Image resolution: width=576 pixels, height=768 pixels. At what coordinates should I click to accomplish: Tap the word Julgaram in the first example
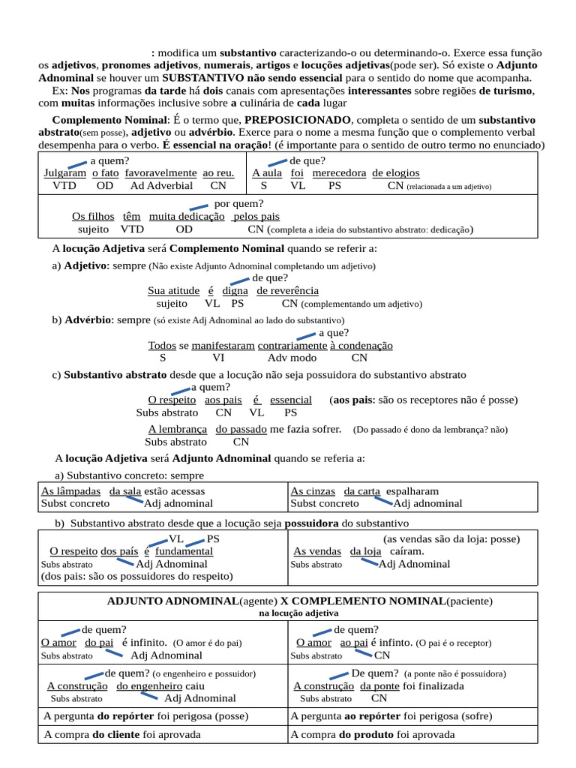(x=65, y=173)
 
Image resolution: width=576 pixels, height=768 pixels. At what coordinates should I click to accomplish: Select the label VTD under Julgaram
(x=64, y=186)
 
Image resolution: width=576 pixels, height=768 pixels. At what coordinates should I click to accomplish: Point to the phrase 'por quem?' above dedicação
(x=239, y=203)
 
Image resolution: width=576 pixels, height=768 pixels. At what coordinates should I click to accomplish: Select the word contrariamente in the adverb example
(x=292, y=346)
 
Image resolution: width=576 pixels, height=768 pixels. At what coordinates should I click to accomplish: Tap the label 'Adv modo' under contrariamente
(x=292, y=358)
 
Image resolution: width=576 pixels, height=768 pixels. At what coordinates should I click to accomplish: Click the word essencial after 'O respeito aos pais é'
(x=291, y=400)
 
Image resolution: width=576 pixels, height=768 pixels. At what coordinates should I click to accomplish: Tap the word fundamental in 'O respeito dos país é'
(x=184, y=551)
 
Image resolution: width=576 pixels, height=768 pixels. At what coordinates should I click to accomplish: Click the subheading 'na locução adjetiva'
(x=288, y=613)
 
